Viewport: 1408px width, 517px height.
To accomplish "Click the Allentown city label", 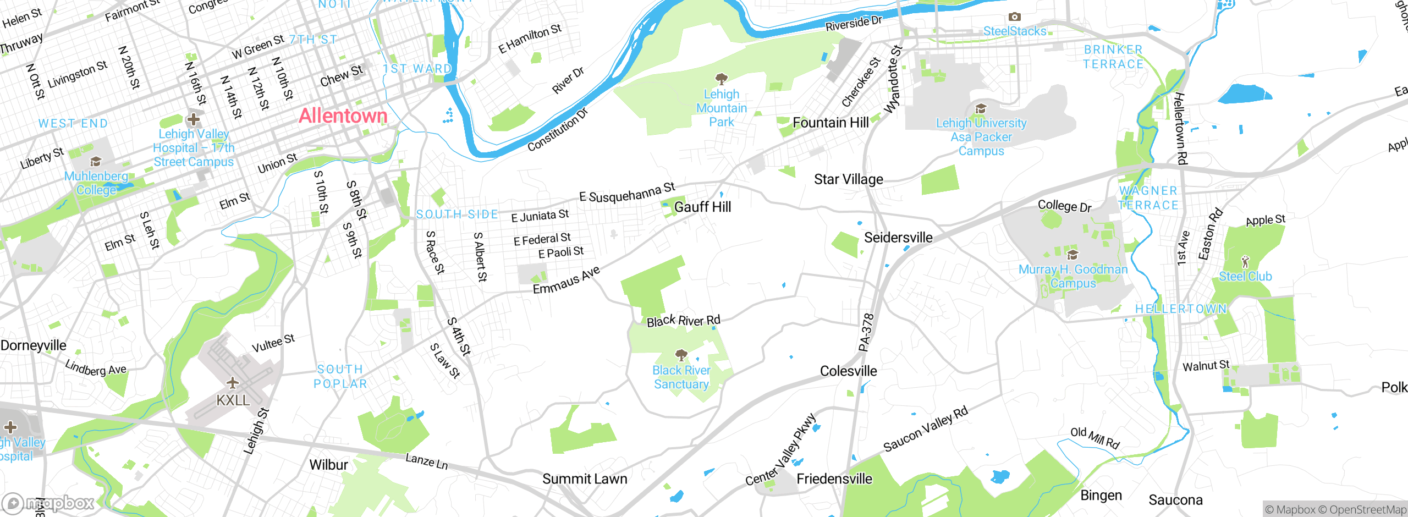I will pyautogui.click(x=343, y=116).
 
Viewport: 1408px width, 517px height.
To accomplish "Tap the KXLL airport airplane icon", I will pyautogui.click(x=233, y=382).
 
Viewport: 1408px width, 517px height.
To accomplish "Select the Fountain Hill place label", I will pyautogui.click(x=831, y=123).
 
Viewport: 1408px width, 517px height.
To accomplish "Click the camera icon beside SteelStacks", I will pyautogui.click(x=1014, y=17).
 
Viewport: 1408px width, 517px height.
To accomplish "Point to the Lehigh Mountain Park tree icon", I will pyautogui.click(x=721, y=79).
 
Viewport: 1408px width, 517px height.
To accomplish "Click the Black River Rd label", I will pyautogui.click(x=683, y=321).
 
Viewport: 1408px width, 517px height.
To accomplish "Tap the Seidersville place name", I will pyautogui.click(x=898, y=238).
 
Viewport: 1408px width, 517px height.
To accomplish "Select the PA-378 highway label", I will pyautogui.click(x=866, y=332).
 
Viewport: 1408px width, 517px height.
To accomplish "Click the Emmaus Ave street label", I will pyautogui.click(x=566, y=280).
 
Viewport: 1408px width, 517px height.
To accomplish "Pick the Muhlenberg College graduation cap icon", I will pyautogui.click(x=96, y=161).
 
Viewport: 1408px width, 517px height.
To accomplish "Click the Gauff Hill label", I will pyautogui.click(x=702, y=207).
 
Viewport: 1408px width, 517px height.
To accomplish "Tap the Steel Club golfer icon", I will pyautogui.click(x=1245, y=261).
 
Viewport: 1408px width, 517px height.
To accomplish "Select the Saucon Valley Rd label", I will pyautogui.click(x=925, y=430).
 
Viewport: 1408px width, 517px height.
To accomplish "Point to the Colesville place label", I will pyautogui.click(x=848, y=371).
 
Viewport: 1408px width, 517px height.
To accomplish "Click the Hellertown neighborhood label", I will pyautogui.click(x=1181, y=309).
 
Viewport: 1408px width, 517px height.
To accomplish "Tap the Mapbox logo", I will pyautogui.click(x=48, y=503).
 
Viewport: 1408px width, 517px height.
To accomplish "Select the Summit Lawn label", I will pyautogui.click(x=585, y=479).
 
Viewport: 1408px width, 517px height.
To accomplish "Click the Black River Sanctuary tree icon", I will pyautogui.click(x=681, y=355).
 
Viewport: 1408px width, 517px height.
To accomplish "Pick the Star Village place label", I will pyautogui.click(x=848, y=179).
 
